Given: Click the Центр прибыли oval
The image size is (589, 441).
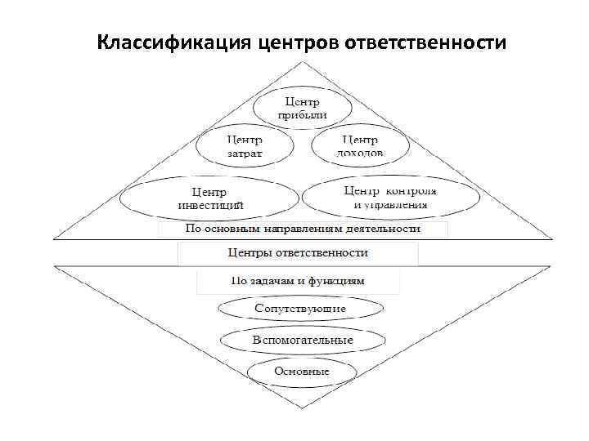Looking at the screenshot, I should [x=302, y=108].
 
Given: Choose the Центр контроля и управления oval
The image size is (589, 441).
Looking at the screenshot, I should [x=390, y=197].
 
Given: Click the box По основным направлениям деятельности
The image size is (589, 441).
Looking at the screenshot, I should [x=303, y=229].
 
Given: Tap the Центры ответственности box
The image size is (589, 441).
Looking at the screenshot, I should [x=298, y=253].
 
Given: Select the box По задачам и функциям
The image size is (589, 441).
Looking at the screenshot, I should [x=298, y=281].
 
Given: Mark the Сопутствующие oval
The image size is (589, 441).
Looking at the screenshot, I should [x=300, y=310].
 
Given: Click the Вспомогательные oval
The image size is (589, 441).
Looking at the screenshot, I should [x=303, y=340].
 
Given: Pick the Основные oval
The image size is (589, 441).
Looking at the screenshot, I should [x=303, y=372].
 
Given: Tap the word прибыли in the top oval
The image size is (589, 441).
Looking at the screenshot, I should [x=302, y=116].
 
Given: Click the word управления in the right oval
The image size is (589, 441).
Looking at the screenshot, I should [x=401, y=204].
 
